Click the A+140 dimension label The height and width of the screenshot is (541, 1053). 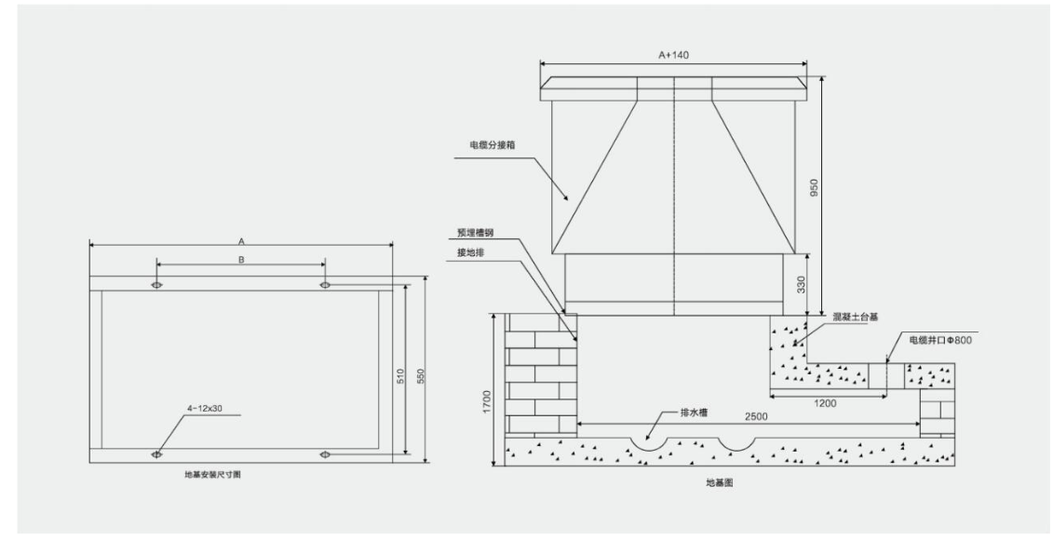[x=673, y=56]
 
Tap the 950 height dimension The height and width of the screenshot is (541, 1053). [x=814, y=186]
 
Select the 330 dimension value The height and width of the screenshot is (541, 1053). [x=799, y=285]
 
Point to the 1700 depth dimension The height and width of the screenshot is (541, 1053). [x=488, y=401]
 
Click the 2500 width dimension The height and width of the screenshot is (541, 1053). [x=756, y=416]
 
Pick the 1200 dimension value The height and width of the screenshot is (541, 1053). [x=825, y=403]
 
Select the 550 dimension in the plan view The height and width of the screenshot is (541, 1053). [x=421, y=376]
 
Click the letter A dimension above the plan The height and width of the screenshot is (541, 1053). [x=241, y=240]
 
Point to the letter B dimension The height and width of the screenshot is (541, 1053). [x=241, y=260]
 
